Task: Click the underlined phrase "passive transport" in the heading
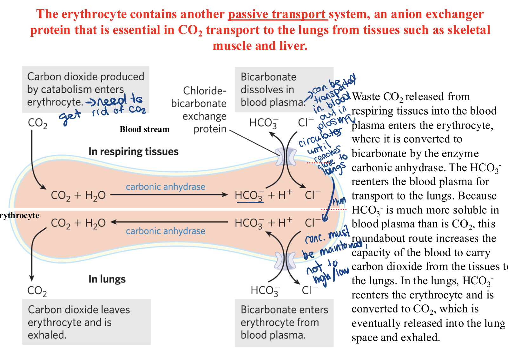pos(278,14)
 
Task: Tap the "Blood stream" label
pos(144,129)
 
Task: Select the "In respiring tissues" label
pos(133,152)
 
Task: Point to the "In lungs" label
pos(107,279)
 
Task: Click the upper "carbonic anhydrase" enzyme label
pos(165,187)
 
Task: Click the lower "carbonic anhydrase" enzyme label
pos(165,231)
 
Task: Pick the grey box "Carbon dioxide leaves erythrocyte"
pos(86,322)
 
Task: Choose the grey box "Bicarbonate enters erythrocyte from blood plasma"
pos(284,323)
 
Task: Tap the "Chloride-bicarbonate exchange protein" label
pos(199,110)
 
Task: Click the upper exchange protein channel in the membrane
pos(286,156)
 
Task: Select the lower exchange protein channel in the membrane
pos(286,260)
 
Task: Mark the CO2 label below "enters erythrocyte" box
pos(37,123)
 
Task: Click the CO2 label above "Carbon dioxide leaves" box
pos(37,291)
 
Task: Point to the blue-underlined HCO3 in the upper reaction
pos(249,196)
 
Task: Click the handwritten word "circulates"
pos(320,137)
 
